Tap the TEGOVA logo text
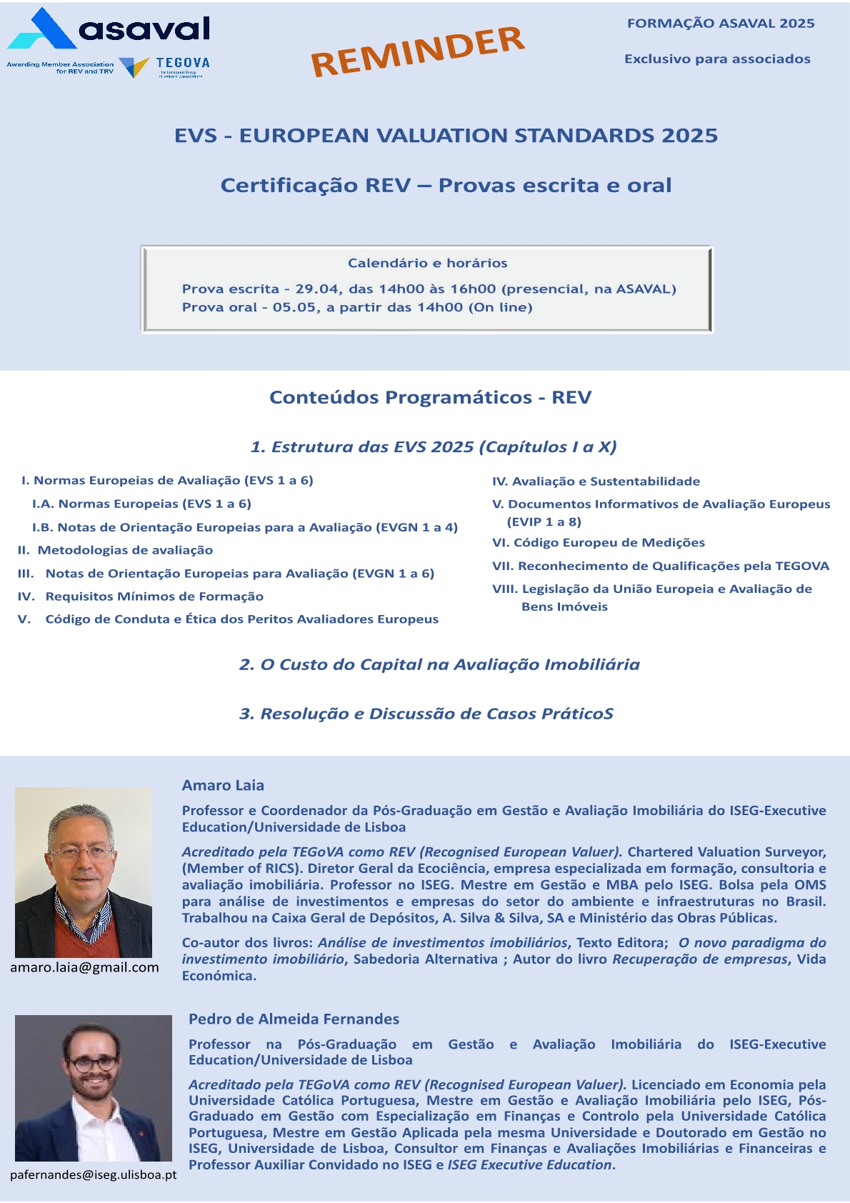click(x=183, y=63)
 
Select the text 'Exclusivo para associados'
click(x=717, y=59)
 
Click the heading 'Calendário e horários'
click(x=427, y=263)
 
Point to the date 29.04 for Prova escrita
click(x=314, y=289)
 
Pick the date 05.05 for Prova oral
click(x=294, y=308)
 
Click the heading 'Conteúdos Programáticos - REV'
click(x=430, y=397)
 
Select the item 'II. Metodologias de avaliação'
click(x=116, y=550)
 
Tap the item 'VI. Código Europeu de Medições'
click(x=599, y=543)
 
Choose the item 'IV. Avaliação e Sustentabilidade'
click(x=596, y=481)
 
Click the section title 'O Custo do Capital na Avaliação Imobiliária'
click(x=439, y=664)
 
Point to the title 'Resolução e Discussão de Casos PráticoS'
click(x=426, y=714)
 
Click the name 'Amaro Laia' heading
click(x=223, y=785)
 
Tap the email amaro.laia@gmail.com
click(x=84, y=967)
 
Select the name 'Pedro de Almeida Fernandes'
click(x=294, y=1019)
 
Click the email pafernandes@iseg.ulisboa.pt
click(x=93, y=1175)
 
